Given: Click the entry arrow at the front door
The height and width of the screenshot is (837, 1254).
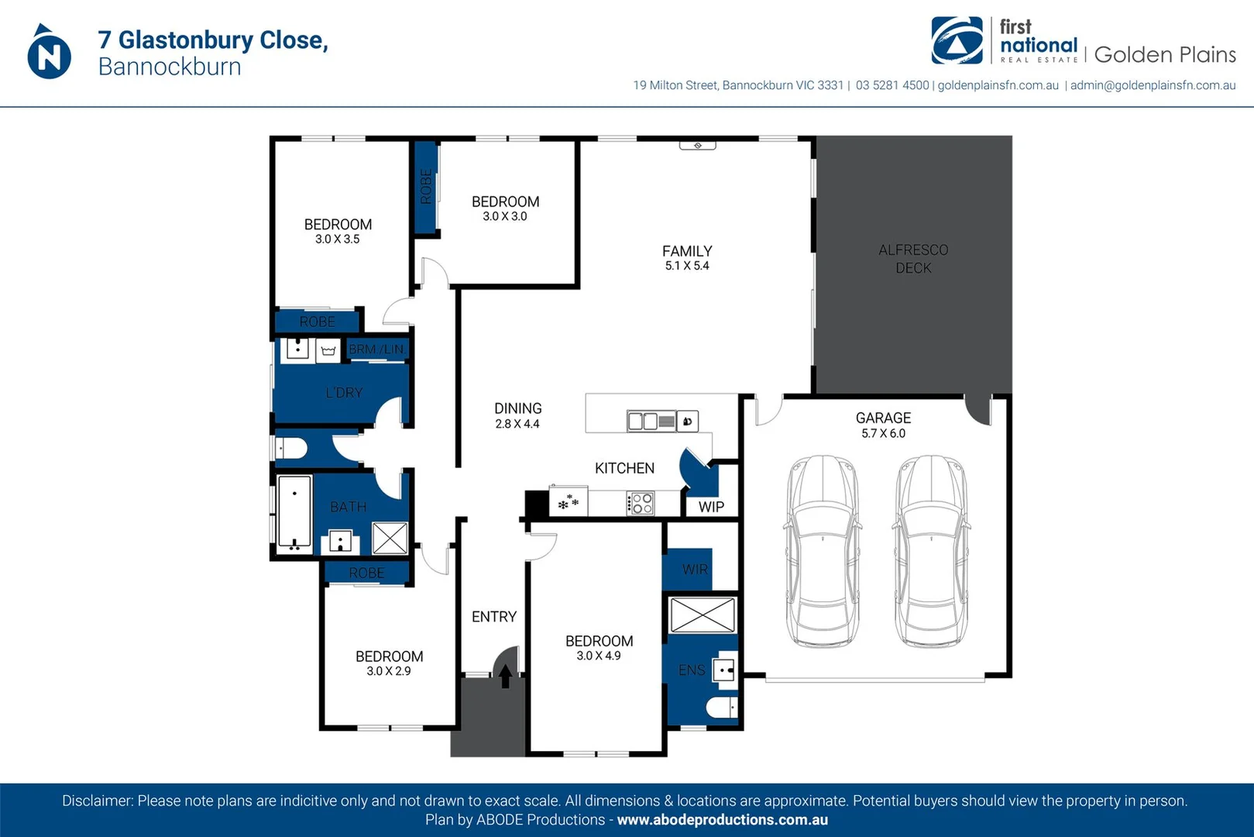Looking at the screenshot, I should point(505,677).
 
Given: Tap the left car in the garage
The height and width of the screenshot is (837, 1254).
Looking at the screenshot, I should point(823,551).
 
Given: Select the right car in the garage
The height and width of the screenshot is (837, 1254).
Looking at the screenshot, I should point(931,551).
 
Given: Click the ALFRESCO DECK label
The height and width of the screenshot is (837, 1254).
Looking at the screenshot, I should point(913,259).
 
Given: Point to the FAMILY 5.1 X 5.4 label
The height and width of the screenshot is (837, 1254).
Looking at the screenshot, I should point(687,258).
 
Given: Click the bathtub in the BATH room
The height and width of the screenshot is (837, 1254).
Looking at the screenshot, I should point(294,512).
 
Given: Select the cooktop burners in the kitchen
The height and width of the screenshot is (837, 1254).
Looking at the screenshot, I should point(641,504).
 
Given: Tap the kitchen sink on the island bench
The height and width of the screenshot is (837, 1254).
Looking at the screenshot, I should point(651,422).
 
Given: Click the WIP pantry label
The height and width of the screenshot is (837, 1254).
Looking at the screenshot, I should point(711,507).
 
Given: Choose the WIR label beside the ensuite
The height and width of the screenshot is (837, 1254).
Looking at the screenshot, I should point(695,570).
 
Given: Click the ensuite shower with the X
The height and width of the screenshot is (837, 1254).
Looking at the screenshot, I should point(703,615).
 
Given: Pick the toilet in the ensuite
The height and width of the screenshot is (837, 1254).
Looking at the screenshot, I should point(721,708).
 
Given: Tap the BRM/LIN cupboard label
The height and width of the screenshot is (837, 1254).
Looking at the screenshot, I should point(376,350).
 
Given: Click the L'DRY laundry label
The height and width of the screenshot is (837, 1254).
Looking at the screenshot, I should point(344,393).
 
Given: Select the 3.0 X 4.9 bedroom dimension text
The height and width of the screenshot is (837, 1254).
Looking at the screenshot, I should point(599,656).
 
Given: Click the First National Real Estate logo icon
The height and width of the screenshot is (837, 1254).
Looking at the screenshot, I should point(957,41).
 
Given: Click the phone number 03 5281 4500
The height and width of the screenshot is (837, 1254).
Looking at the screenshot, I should point(892,85).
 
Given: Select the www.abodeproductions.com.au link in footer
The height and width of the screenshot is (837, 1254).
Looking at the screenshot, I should point(722,820).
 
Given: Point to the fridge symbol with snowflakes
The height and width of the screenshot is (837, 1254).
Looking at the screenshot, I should point(569,502).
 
